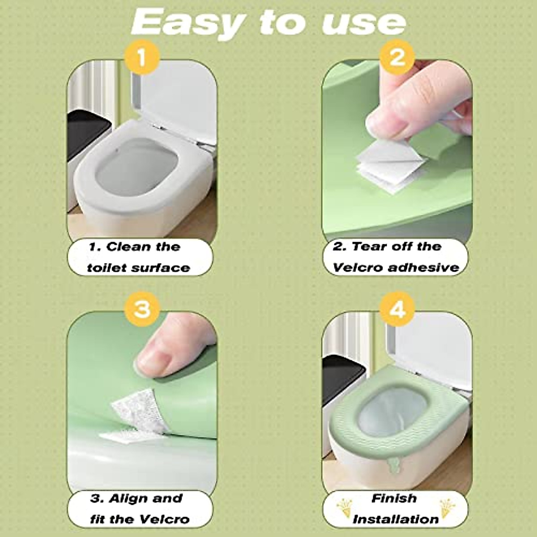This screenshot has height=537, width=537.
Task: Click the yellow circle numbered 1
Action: click(x=142, y=58)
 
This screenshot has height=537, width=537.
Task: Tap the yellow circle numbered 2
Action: click(x=397, y=58)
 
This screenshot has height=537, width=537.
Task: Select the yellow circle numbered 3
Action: click(x=142, y=309)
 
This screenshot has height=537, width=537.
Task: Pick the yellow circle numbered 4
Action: click(x=397, y=309)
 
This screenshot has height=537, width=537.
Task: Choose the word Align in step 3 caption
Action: click(x=133, y=499)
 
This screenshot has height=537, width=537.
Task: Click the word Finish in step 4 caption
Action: click(x=394, y=499)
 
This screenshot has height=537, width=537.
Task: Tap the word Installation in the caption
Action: click(x=396, y=520)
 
